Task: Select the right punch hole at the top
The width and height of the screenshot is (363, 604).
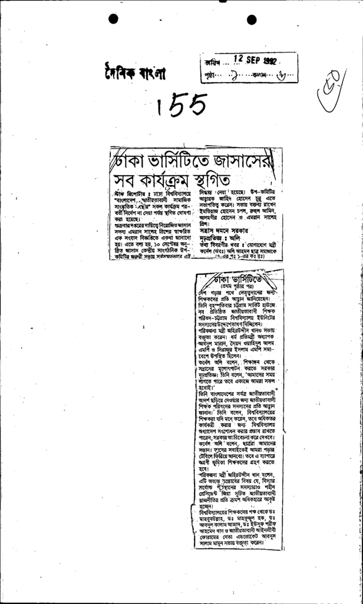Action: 252,19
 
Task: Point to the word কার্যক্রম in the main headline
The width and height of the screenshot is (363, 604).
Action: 169,178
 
